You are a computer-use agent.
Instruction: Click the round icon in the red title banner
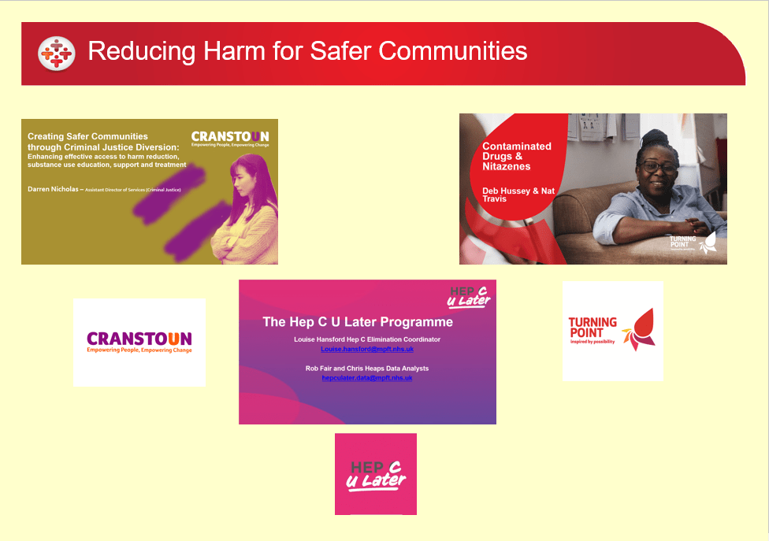pyautogui.click(x=57, y=53)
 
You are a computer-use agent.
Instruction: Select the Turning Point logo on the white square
pyautogui.click(x=612, y=332)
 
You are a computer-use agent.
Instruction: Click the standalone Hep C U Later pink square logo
pyautogui.click(x=376, y=474)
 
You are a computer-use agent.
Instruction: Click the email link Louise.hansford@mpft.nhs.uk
pyautogui.click(x=367, y=349)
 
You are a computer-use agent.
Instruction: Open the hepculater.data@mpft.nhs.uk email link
pyautogui.click(x=367, y=378)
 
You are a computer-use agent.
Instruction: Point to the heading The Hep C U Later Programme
pyautogui.click(x=358, y=322)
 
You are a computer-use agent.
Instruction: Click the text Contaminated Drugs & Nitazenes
pyautogui.click(x=517, y=156)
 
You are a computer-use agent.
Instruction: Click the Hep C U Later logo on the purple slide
pyautogui.click(x=469, y=295)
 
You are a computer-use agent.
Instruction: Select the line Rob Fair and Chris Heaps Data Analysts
pyautogui.click(x=367, y=369)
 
